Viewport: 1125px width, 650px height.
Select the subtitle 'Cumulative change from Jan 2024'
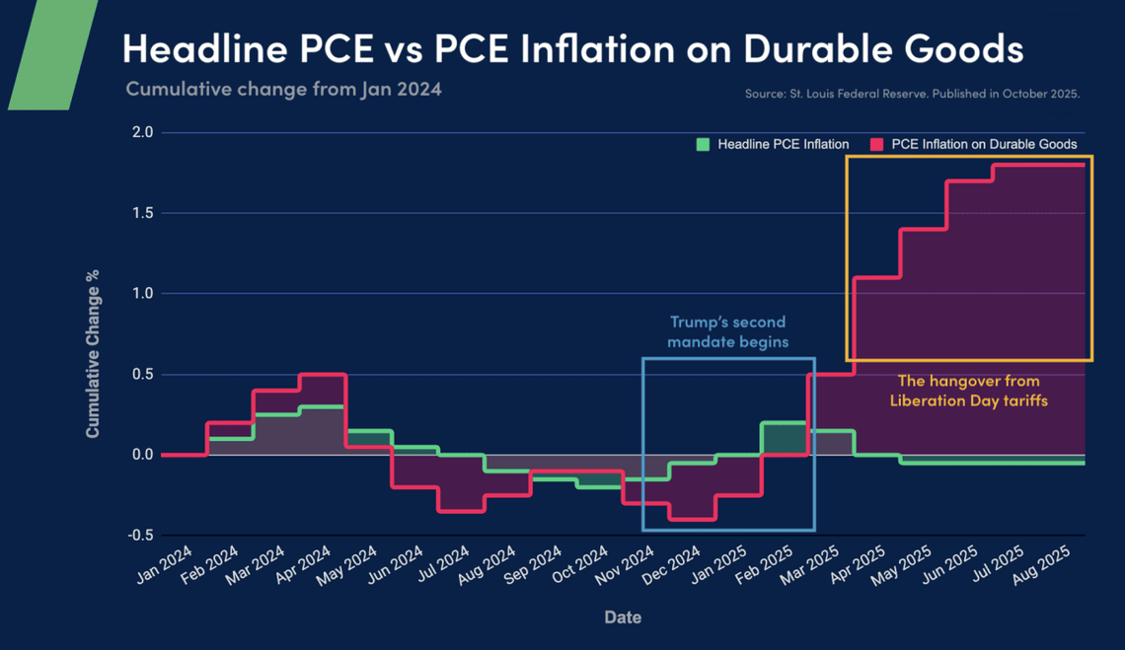coord(283,89)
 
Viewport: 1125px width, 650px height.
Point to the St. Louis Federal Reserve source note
coord(913,95)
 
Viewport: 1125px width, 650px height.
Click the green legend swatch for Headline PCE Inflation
coord(703,144)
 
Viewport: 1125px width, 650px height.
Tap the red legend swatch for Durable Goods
coord(876,144)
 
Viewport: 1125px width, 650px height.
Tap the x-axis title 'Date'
coord(622,617)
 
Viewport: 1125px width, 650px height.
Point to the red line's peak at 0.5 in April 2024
coord(322,375)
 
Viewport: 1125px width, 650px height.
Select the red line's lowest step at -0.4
coord(692,519)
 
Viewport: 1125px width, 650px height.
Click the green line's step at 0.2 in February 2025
coord(785,422)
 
